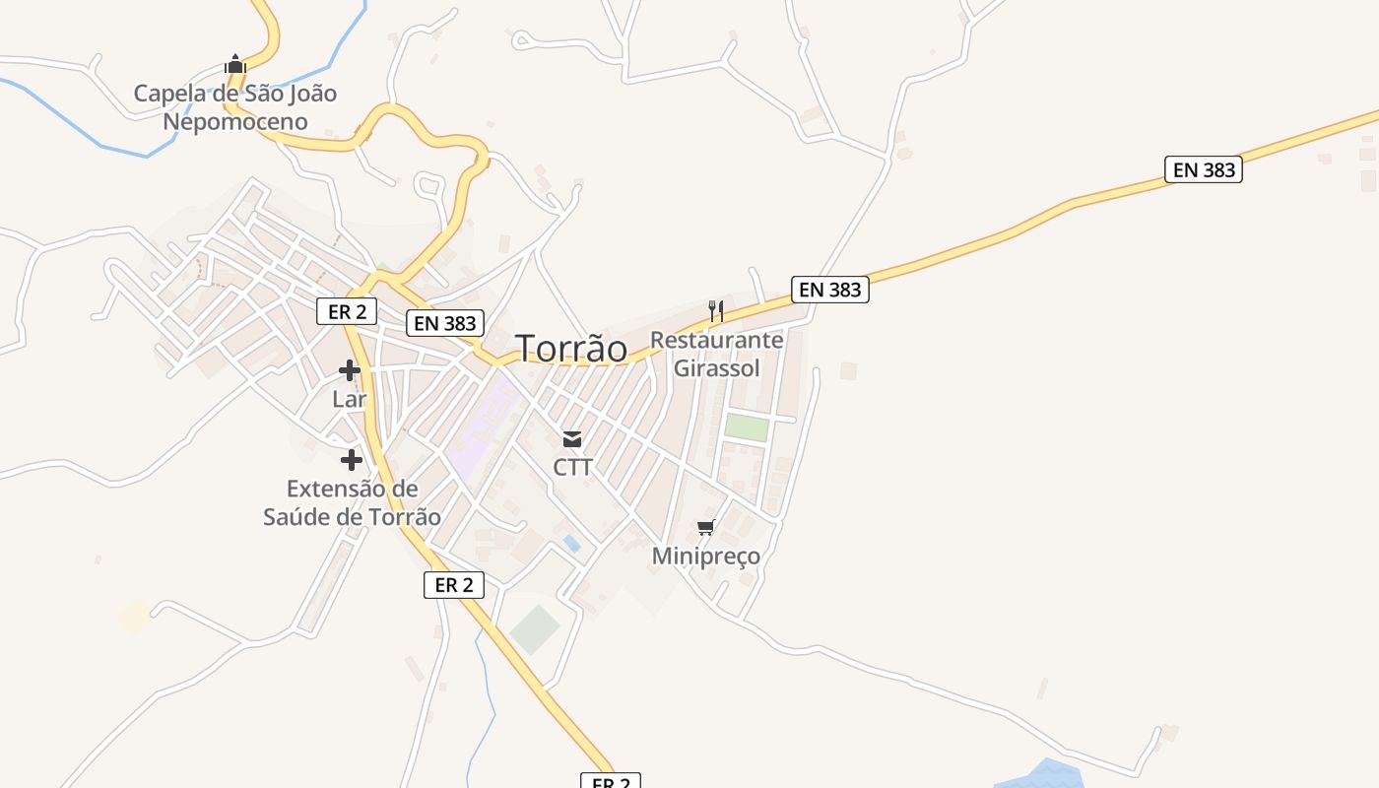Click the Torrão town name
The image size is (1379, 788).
click(x=571, y=348)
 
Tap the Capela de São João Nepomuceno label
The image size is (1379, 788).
click(x=235, y=107)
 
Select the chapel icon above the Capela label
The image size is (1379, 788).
click(x=234, y=64)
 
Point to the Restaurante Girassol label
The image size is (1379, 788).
click(x=717, y=354)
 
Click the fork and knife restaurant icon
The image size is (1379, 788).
click(x=716, y=311)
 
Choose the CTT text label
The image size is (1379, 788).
click(x=572, y=467)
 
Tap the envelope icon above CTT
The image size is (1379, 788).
click(x=572, y=439)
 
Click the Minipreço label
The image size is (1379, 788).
click(x=706, y=556)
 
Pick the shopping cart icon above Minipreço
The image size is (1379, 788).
click(x=705, y=528)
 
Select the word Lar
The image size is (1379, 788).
click(x=350, y=399)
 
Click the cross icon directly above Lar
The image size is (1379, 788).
click(x=350, y=370)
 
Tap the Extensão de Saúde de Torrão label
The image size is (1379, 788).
click(x=352, y=502)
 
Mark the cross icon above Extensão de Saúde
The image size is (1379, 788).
click(x=352, y=460)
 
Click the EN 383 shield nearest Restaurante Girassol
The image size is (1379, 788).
click(x=830, y=290)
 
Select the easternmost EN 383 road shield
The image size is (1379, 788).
click(x=1204, y=169)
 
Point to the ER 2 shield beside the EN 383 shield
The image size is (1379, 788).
click(x=347, y=311)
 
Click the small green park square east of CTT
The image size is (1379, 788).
click(x=747, y=428)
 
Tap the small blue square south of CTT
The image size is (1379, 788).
click(x=571, y=543)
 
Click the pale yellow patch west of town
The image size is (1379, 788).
click(x=134, y=617)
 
